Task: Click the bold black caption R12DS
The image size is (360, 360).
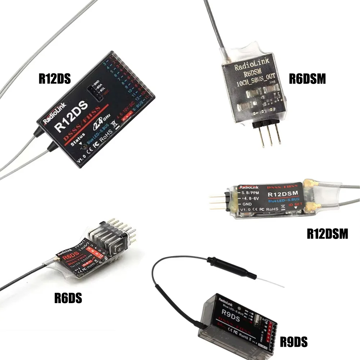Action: (54, 79)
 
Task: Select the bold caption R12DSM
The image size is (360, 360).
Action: (327, 234)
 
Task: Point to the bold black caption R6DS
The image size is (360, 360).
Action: (68, 298)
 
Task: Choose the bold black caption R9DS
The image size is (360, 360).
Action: (294, 342)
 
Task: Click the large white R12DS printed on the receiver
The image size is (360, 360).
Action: (71, 118)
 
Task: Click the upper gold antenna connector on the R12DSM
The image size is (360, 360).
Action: (309, 184)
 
